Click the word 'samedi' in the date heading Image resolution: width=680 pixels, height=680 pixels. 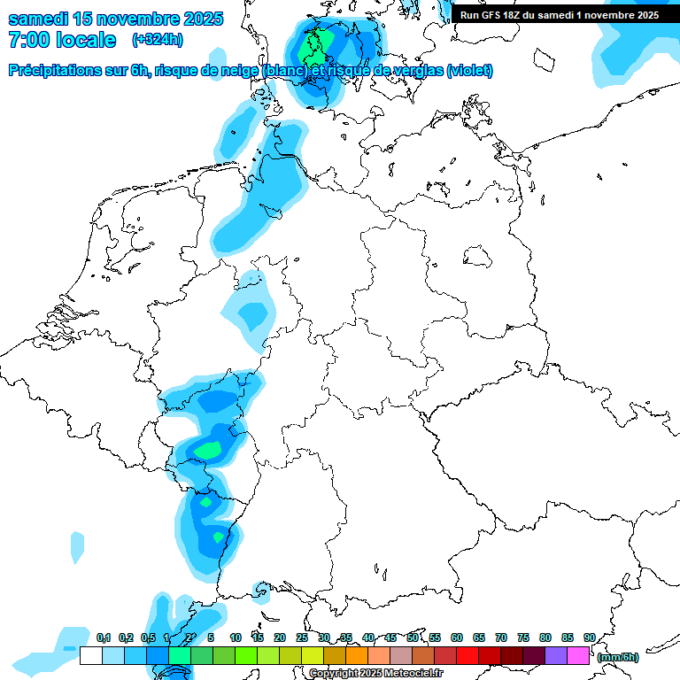(39, 19)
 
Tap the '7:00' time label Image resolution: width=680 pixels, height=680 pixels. (30, 40)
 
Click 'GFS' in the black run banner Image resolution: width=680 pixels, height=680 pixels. (492, 15)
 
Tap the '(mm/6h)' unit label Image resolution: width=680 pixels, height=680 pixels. (618, 657)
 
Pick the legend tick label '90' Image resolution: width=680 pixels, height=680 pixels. (589, 637)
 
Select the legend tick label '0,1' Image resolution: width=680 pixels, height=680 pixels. (103, 637)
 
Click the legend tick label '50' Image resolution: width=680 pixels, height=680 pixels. (413, 637)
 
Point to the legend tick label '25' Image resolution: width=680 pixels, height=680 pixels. (302, 637)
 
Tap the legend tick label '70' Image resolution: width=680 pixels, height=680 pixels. (501, 637)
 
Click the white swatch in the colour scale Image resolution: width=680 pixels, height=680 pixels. (90, 655)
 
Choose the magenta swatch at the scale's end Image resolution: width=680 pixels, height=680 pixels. (578, 655)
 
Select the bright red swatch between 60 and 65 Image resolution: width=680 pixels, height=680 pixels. (467, 655)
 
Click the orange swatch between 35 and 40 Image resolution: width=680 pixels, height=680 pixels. (357, 655)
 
